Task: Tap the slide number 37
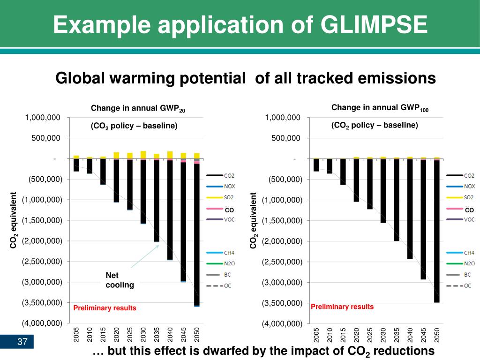[22, 342]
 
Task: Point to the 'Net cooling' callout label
[120, 280]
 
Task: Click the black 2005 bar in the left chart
[76, 165]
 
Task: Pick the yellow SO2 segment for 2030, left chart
[143, 155]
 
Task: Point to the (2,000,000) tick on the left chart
[42, 241]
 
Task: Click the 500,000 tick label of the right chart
[286, 138]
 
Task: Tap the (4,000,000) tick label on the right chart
[281, 323]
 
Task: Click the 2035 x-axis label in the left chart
[157, 335]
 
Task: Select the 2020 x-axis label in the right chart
[356, 335]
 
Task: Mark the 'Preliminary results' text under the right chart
[342, 307]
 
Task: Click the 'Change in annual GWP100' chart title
[380, 108]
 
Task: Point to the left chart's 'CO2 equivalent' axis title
[14, 220]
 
